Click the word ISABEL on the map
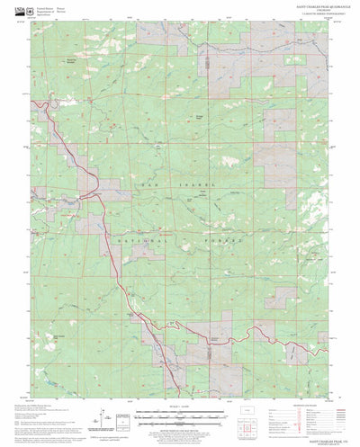click(201, 183)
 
